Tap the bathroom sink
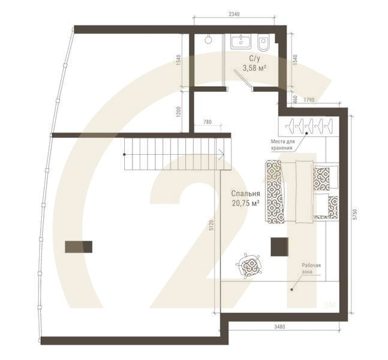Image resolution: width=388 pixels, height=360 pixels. (x=241, y=41)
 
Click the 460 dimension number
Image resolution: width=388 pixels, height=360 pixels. (x=294, y=98)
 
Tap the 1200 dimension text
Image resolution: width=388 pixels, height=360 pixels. (x=179, y=112)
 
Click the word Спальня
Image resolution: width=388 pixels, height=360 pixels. (x=245, y=194)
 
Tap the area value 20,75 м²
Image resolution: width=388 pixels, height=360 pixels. (x=245, y=203)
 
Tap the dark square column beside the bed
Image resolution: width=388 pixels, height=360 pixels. (x=279, y=247)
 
